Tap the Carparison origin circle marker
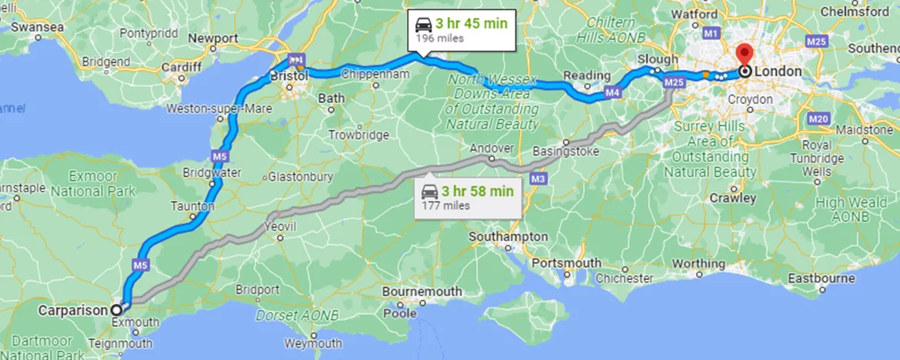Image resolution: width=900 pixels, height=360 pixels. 116,310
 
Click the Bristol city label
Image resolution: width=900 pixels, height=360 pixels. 289,76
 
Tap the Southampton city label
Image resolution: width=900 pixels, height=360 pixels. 508,236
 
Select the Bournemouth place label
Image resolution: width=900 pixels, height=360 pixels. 422,292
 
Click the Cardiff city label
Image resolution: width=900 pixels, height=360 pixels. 182,66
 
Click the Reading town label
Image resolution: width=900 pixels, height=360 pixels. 582,75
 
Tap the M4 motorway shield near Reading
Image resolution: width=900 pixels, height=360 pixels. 612,93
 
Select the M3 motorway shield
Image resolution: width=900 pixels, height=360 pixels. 538,179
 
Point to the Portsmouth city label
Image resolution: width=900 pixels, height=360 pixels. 566,263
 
